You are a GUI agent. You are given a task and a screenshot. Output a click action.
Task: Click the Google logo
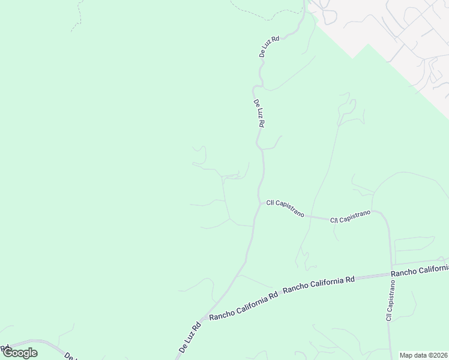[x=20, y=353]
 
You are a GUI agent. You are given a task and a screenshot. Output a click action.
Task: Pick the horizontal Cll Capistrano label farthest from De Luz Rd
[x=350, y=217]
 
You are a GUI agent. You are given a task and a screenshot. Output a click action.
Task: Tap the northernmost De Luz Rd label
[x=269, y=46]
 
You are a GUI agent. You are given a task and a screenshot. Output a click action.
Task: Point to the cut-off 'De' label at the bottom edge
[x=69, y=356]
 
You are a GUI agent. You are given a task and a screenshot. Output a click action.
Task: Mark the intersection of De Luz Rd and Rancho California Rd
[x=204, y=319]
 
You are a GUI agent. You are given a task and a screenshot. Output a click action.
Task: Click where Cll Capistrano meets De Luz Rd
[x=259, y=203]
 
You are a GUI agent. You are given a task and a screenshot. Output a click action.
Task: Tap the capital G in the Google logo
[x=9, y=353]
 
